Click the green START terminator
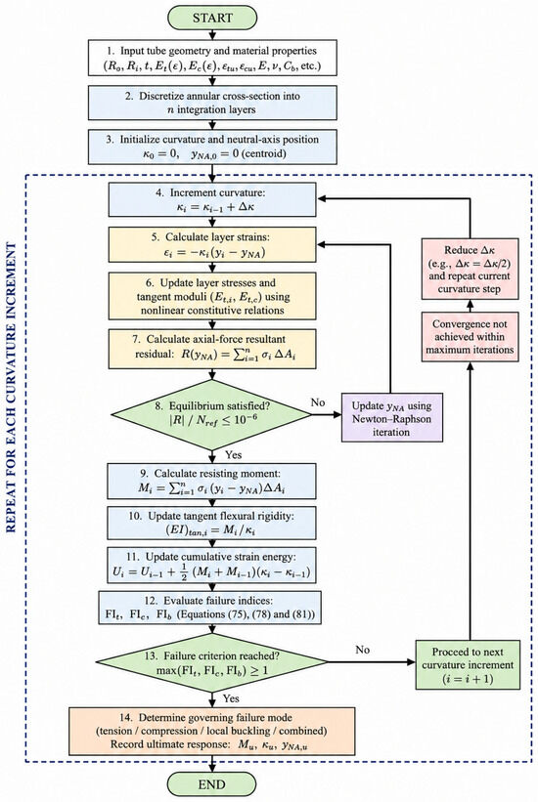212,18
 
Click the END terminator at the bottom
211,784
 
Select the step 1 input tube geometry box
212,59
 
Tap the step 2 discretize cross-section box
212,103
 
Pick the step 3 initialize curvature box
212,147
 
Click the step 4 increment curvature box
212,200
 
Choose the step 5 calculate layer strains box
212,244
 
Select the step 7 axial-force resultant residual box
212,347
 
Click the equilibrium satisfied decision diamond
212,415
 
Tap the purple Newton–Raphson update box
392,418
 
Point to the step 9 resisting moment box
211,481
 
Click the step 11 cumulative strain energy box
211,566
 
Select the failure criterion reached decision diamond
211,662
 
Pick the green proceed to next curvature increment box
468,665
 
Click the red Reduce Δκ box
470,270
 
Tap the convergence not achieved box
470,337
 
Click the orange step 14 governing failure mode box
211,732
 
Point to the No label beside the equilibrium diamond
318,402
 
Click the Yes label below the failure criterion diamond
232,698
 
